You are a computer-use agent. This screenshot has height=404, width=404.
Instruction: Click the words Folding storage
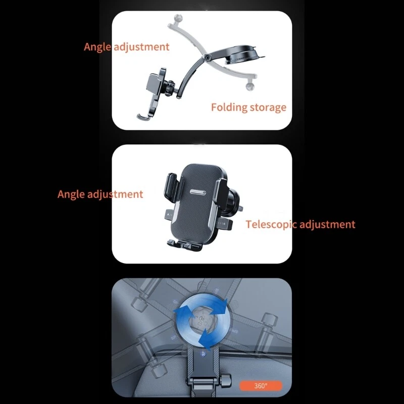248,107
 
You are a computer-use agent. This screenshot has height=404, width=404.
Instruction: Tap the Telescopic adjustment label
300,224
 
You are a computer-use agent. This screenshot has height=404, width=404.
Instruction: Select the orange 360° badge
261,385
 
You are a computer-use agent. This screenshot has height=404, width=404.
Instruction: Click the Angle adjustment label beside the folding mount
127,47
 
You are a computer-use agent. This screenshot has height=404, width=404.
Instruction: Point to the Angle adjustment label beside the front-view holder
100,194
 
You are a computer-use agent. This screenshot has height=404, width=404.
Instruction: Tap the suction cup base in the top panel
243,56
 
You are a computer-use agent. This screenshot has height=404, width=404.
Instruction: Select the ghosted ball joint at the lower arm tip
249,86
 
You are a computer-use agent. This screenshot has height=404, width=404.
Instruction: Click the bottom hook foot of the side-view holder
143,117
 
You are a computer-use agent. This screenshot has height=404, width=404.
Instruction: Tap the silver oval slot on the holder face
198,192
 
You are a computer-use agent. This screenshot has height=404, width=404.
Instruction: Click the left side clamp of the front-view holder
171,188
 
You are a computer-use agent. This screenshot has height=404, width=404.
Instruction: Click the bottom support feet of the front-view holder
184,245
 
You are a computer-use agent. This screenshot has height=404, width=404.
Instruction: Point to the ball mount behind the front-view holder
233,201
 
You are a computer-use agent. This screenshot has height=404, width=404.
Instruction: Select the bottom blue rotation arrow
205,339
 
